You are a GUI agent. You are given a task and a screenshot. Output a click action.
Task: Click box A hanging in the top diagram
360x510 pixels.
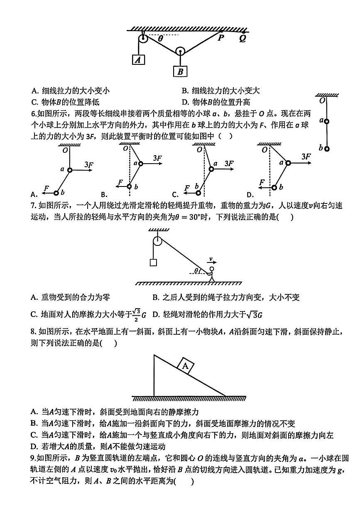pyautogui.click(x=138, y=60)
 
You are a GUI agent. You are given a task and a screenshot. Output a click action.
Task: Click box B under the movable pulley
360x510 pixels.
pyautogui.click(x=180, y=71)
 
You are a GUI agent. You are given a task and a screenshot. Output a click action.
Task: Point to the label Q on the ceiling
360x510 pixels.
pyautogui.click(x=242, y=39)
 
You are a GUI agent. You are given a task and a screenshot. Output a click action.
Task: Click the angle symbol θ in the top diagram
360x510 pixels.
pyautogui.click(x=160, y=39)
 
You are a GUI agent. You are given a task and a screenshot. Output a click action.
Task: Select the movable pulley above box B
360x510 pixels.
pyautogui.click(x=180, y=51)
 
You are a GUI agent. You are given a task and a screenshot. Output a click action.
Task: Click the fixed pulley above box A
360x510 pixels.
pyautogui.click(x=142, y=39)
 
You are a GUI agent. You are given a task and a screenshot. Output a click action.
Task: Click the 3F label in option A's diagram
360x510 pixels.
pyautogui.click(x=89, y=164)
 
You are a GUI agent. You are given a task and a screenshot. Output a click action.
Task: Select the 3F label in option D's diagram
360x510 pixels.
pyautogui.click(x=306, y=156)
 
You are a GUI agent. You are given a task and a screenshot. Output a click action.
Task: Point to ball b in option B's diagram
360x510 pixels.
pyautogui.click(x=130, y=186)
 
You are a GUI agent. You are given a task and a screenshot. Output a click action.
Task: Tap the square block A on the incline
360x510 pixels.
pyautogui.click(x=186, y=366)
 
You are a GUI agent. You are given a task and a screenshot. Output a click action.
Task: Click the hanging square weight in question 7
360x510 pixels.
pyautogui.click(x=153, y=262)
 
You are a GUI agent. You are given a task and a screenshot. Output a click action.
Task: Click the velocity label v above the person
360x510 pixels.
pyautogui.click(x=211, y=260)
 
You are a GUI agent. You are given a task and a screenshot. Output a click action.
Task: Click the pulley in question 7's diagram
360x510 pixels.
pyautogui.click(x=157, y=241)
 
